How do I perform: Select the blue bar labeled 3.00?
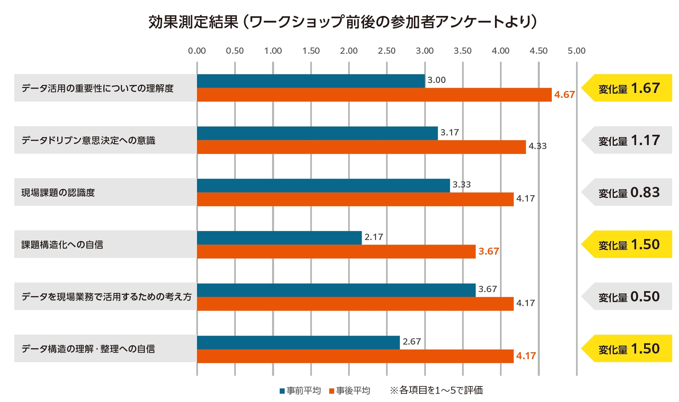pyautogui.click(x=311, y=81)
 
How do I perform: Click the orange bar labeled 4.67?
pyautogui.click(x=374, y=95)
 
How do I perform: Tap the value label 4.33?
pyautogui.click(x=537, y=146)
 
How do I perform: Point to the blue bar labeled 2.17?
pyautogui.click(x=279, y=238)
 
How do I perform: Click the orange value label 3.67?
pyautogui.click(x=488, y=251)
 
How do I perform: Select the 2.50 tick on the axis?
pyautogui.click(x=386, y=51)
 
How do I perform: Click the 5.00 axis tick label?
pyautogui.click(x=576, y=51)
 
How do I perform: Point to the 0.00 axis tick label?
pyautogui.click(x=197, y=51)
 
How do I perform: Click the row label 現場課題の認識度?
pyautogui.click(x=58, y=193)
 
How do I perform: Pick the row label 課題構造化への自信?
pyautogui.click(x=62, y=245)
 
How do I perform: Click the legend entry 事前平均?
pyautogui.click(x=300, y=390)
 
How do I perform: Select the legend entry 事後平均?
pyautogui.click(x=349, y=390)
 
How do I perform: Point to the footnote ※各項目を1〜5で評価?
pyautogui.click(x=436, y=390)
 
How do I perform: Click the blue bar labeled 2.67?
pyautogui.click(x=298, y=342)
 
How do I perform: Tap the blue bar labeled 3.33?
pyautogui.click(x=323, y=186)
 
